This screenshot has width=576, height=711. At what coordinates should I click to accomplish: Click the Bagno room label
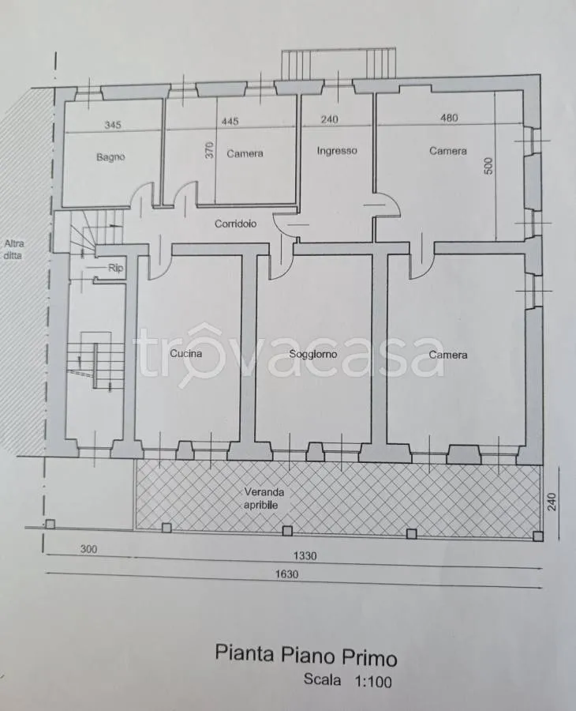(110, 157)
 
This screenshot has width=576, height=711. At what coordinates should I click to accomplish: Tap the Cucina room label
(186, 353)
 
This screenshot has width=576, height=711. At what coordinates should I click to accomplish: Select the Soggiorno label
(313, 354)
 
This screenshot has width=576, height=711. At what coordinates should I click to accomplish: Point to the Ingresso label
(337, 151)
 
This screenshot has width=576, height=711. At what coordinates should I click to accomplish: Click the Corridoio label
(235, 224)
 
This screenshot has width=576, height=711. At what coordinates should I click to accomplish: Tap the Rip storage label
(115, 268)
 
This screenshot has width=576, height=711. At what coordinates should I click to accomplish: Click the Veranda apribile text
(264, 498)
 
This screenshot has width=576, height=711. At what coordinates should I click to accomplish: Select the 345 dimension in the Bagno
(113, 125)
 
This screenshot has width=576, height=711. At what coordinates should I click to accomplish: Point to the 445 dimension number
(230, 122)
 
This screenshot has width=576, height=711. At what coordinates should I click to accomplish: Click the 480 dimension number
(449, 118)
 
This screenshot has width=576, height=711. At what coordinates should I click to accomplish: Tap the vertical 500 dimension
(488, 166)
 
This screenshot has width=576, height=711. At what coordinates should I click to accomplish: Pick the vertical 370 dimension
(209, 150)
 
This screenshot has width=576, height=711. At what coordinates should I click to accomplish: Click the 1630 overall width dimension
(287, 574)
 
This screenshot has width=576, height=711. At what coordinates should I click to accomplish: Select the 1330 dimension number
(305, 556)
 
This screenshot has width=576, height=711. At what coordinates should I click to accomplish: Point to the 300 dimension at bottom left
(88, 549)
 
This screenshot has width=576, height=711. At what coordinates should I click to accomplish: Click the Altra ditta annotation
(13, 250)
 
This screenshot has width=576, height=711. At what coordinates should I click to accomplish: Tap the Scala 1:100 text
(348, 680)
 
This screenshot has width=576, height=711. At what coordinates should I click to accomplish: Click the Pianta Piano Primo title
(306, 655)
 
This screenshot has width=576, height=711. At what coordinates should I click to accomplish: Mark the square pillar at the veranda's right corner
(538, 536)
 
